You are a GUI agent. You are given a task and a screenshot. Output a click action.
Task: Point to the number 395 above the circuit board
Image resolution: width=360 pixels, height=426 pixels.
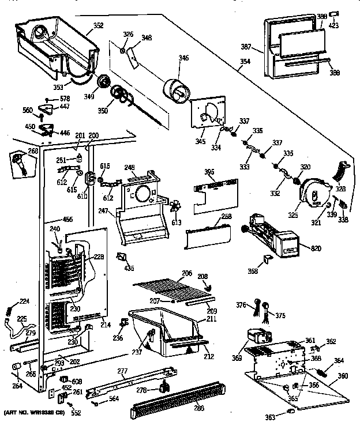click(x=210, y=172)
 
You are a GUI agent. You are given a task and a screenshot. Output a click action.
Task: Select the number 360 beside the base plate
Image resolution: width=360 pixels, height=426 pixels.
click(x=343, y=376)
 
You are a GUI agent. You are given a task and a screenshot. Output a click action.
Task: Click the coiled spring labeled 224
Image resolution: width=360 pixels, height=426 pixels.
click(x=8, y=309)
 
